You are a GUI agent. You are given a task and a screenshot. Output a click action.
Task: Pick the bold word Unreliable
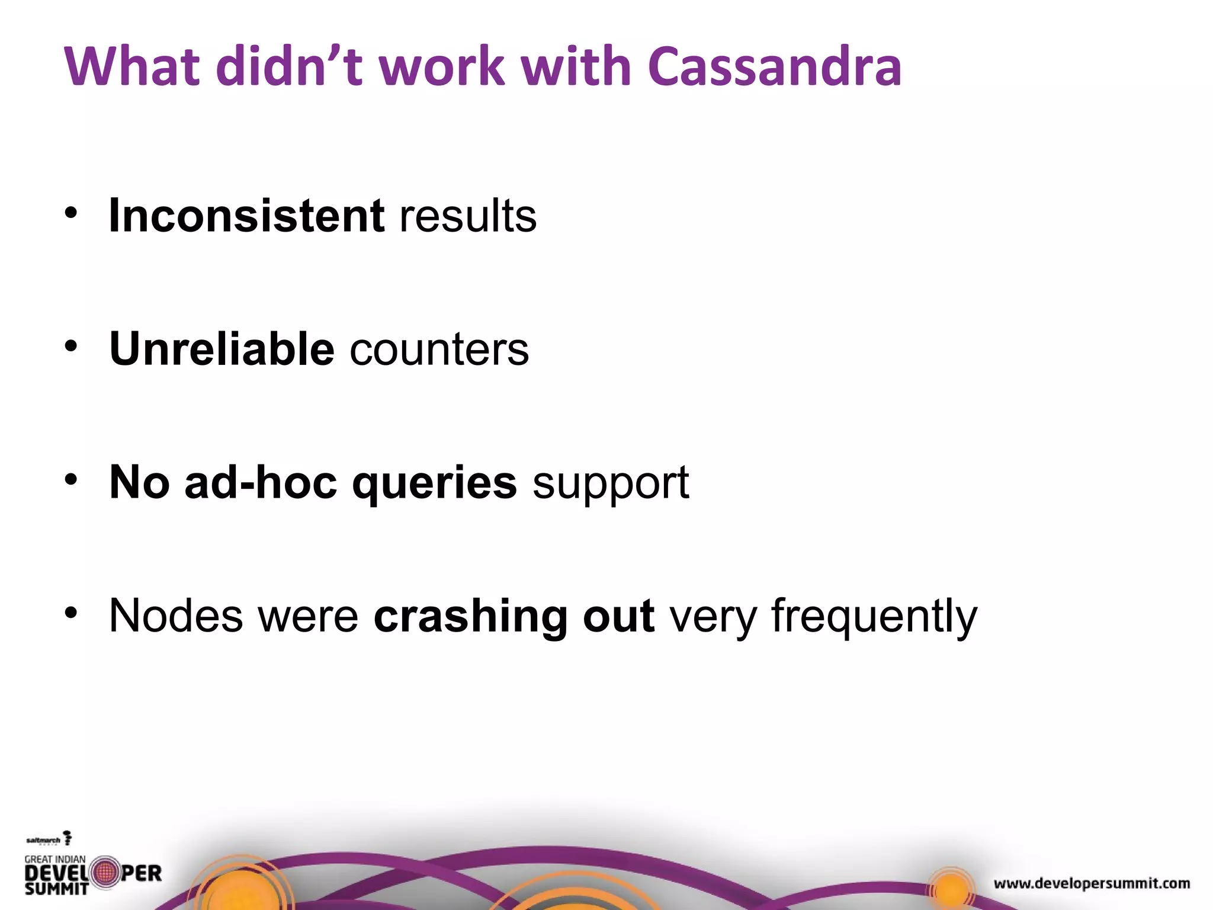[x=222, y=349]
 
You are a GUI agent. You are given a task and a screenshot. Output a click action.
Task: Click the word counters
[x=439, y=349]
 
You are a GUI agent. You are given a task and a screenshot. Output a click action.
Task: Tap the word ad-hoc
[x=261, y=482]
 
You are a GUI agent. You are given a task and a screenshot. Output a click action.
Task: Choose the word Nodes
[x=176, y=616]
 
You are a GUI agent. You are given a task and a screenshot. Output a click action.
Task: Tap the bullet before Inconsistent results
[x=71, y=213]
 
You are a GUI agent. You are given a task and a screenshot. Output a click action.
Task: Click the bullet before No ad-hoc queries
[x=71, y=480]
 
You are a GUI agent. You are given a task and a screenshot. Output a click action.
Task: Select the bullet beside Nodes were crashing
[x=71, y=613]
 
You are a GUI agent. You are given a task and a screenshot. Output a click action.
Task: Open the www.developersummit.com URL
[x=1092, y=884]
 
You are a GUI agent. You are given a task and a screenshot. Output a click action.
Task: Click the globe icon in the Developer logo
[x=105, y=872]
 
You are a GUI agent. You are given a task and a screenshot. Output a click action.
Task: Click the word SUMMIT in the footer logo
[x=56, y=889]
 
